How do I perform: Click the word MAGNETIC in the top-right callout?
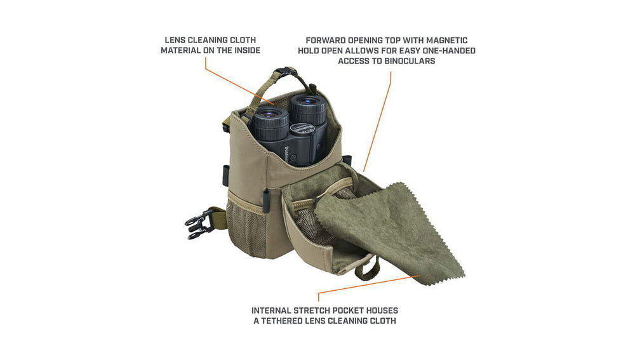pos(446,41)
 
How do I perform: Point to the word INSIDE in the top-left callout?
pos(245,51)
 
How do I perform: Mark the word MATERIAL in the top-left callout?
pos(180,51)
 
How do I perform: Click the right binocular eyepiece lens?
pos(307,101)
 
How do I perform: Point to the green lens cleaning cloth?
pos(389,232)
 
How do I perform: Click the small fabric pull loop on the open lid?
pos(367,269)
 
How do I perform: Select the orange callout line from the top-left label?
pos(239,82)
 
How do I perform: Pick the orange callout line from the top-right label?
pos(377,122)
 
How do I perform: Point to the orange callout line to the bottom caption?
pos(368,286)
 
